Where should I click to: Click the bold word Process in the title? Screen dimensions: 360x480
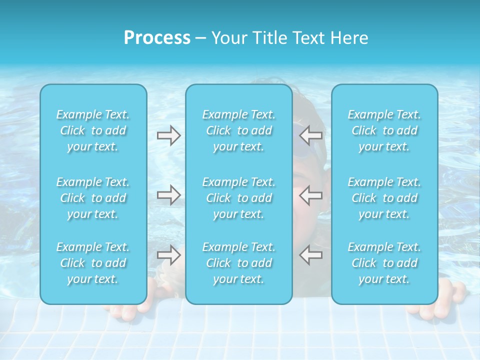157,38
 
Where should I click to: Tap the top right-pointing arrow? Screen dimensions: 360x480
168,135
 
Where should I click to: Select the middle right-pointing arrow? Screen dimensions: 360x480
168,194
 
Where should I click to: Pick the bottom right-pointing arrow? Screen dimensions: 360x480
168,254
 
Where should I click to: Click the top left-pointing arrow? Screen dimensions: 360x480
311,134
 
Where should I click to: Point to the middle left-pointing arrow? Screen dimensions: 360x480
311,194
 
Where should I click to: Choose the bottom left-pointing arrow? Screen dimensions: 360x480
311,254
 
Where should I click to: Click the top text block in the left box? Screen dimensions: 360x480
93,130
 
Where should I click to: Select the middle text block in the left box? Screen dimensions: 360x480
93,198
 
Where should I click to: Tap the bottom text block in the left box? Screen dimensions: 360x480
93,263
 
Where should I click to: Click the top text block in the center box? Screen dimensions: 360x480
239,130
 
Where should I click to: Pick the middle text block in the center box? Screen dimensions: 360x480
239,198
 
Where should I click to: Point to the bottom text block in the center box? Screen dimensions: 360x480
239,263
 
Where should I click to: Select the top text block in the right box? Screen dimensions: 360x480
384,130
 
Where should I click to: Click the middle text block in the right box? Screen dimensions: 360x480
384,198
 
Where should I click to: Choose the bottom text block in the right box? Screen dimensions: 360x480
384,263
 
